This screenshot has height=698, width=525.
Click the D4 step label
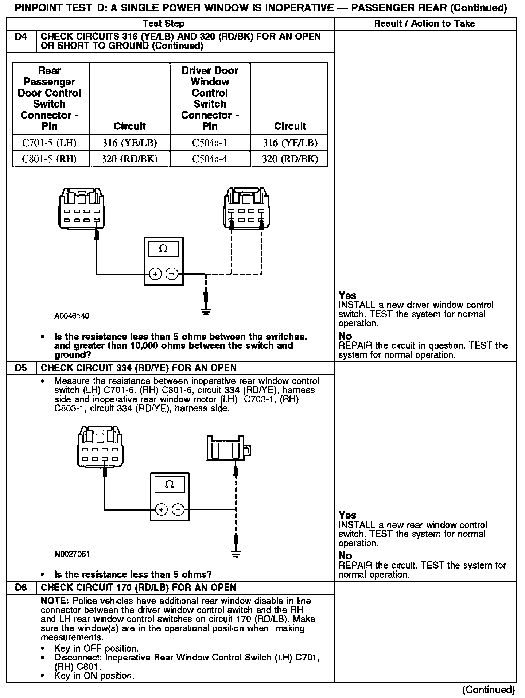click(21, 37)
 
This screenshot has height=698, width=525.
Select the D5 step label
click(21, 368)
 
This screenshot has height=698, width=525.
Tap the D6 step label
click(21, 588)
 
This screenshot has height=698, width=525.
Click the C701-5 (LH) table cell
click(50, 143)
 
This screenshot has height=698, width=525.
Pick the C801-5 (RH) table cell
click(50, 159)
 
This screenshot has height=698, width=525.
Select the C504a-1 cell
click(210, 143)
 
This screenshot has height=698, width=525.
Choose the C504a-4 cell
click(210, 159)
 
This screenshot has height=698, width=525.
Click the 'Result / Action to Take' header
click(425, 24)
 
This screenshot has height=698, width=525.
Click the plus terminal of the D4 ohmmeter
click(155, 274)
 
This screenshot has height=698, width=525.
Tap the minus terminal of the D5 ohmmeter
click(178, 509)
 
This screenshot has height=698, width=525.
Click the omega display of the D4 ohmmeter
click(163, 249)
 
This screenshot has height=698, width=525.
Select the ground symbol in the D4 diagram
click(206, 311)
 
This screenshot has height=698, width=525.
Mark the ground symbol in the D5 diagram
click(236, 555)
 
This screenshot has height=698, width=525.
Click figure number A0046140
click(72, 316)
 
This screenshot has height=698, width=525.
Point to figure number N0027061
click(72, 554)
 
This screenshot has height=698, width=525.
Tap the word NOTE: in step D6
click(55, 601)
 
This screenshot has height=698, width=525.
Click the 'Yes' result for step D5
click(347, 515)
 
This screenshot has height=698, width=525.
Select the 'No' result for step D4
click(345, 336)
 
